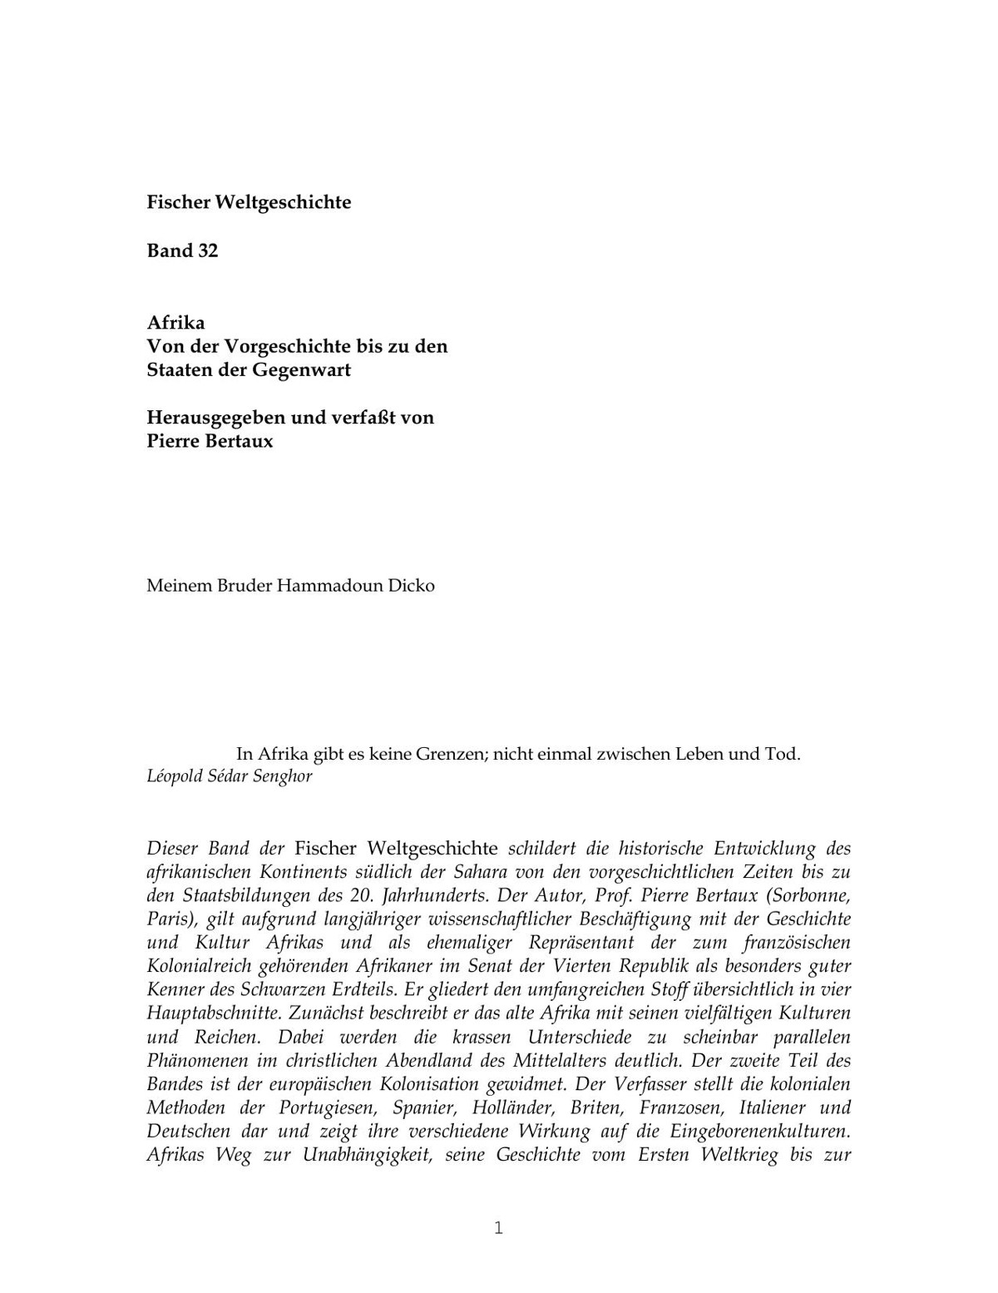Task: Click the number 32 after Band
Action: point(207,250)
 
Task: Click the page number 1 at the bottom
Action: point(498,1228)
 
